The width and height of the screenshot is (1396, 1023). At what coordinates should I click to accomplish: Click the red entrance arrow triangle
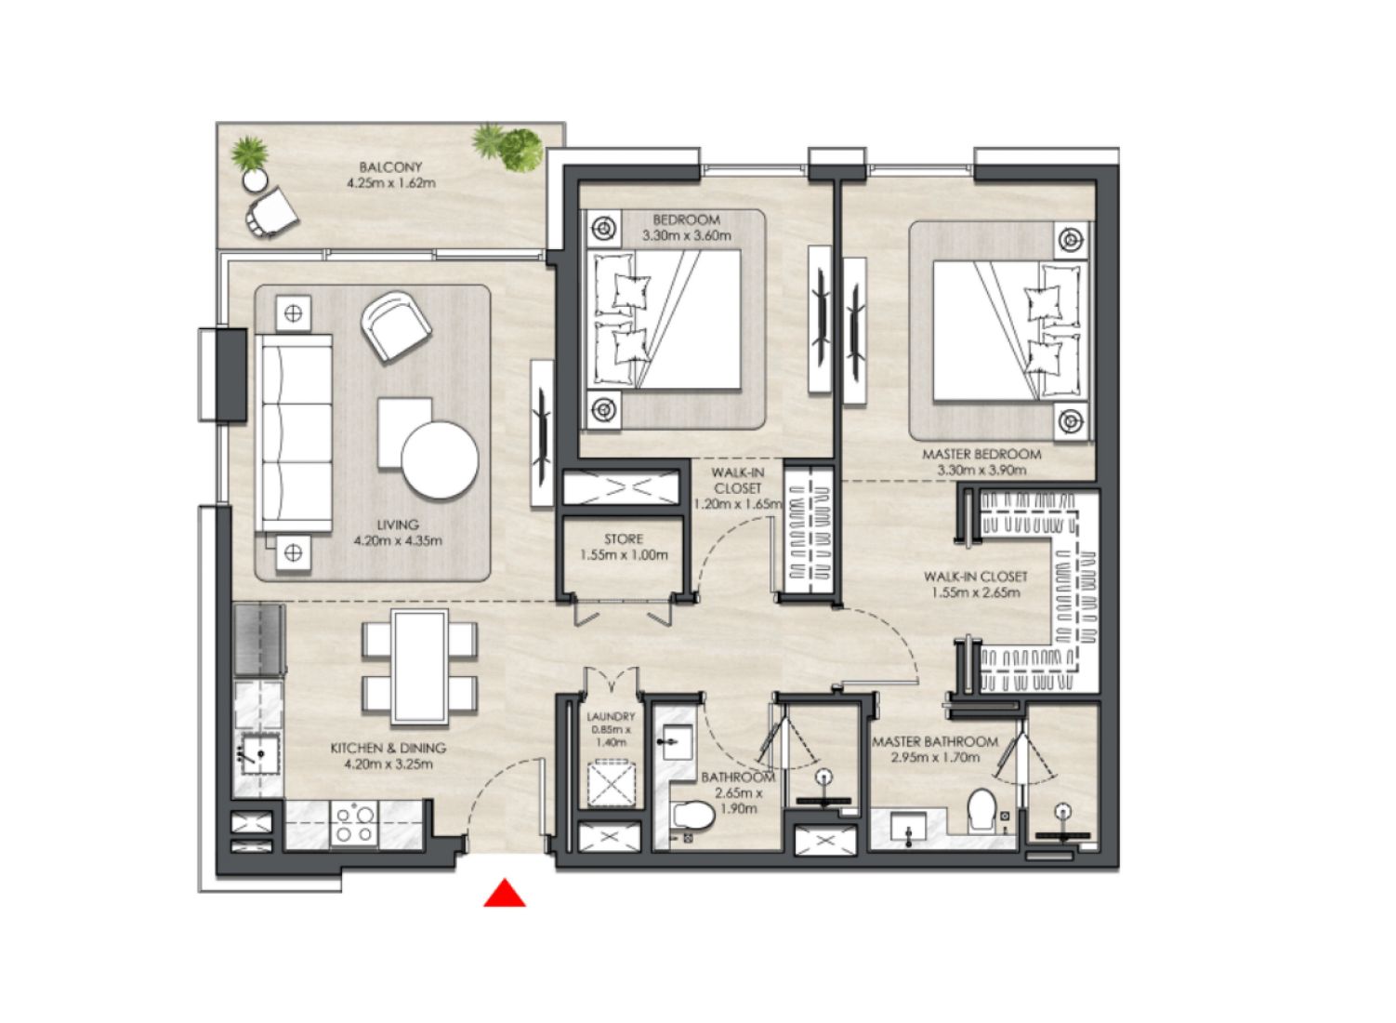(x=505, y=894)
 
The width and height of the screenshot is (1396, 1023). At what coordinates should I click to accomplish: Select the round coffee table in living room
(x=440, y=460)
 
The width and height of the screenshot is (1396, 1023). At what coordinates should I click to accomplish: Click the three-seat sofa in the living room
(x=295, y=433)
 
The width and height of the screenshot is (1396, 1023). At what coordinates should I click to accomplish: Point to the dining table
(x=419, y=667)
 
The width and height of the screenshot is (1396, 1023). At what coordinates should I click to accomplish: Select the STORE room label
(x=623, y=539)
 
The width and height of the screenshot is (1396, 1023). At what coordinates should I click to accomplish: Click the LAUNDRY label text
(x=611, y=717)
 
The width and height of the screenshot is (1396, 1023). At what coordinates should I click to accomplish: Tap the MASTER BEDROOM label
(x=981, y=455)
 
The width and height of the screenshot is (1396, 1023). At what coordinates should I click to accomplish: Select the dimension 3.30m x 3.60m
(x=686, y=236)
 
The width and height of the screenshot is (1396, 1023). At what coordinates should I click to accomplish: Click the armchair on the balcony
(x=272, y=212)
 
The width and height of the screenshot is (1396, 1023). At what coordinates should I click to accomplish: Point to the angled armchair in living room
(x=396, y=325)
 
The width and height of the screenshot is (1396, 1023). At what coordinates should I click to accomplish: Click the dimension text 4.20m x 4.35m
(x=398, y=540)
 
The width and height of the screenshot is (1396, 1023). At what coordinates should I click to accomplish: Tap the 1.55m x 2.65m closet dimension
(x=975, y=592)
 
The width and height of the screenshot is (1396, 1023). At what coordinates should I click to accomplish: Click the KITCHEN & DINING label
(x=389, y=748)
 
